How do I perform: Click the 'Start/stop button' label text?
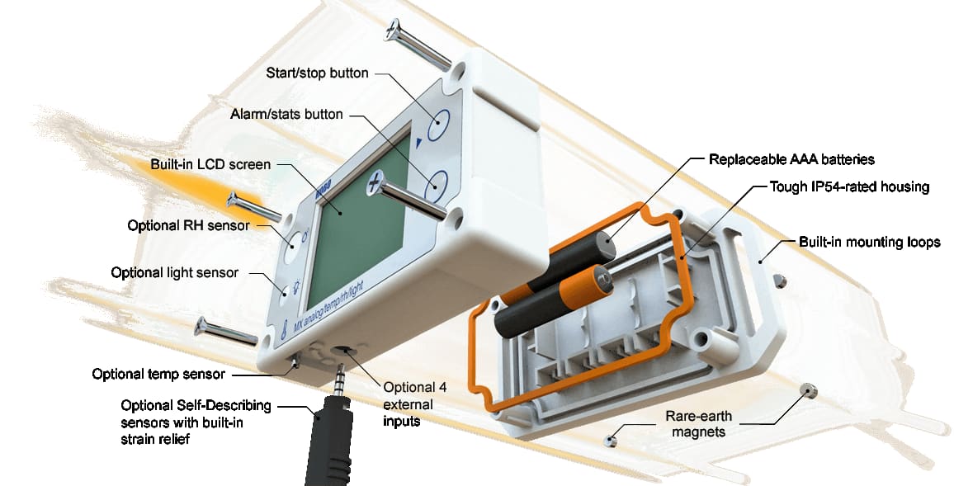click(317, 73)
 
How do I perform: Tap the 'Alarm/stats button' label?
click(286, 115)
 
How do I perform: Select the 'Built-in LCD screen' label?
click(210, 165)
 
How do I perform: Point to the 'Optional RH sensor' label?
click(189, 225)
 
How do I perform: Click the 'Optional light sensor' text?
click(175, 272)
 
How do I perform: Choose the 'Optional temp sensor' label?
click(158, 374)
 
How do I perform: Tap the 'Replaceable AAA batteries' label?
click(791, 160)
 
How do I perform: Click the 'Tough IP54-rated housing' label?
click(849, 186)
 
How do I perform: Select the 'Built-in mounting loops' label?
click(870, 242)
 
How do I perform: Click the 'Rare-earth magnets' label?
click(698, 425)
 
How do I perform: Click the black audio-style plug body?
click(331, 439)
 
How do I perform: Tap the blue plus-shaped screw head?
click(375, 183)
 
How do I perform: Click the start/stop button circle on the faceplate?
click(438, 127)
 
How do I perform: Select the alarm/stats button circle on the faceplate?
click(436, 186)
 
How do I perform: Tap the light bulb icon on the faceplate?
click(296, 285)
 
